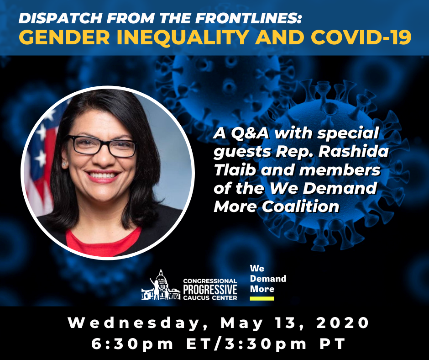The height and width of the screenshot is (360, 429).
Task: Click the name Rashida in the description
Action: tap(353, 152)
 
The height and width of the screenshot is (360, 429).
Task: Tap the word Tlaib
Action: tap(235, 170)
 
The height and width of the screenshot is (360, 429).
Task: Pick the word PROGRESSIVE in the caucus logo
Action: tap(210, 290)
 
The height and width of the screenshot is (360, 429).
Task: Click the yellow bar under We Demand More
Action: tap(262, 298)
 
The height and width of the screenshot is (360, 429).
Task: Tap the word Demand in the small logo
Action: tap(268, 279)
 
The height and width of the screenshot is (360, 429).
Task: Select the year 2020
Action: tap(343, 323)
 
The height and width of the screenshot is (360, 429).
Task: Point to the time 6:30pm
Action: tap(132, 344)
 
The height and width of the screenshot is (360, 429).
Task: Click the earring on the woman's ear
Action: tap(64, 164)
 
